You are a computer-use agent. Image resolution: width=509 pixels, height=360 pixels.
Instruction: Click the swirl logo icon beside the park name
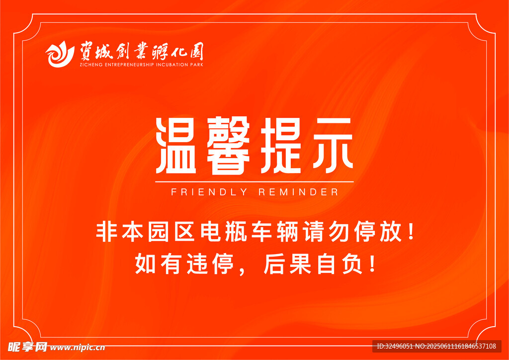60,55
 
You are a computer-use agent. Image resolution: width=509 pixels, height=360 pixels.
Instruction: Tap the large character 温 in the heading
175,146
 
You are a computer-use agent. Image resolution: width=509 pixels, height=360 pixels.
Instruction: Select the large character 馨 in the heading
228,146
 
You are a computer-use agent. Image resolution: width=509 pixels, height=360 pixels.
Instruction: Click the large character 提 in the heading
279,146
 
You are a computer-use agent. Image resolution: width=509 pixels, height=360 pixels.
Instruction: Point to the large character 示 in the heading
332,145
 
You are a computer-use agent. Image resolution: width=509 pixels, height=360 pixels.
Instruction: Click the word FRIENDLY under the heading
209,192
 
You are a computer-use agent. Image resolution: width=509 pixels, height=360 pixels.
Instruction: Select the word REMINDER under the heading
298,192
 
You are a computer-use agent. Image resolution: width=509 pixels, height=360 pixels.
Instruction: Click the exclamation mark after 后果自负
372,264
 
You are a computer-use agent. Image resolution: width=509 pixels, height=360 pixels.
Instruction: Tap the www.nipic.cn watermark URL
78,348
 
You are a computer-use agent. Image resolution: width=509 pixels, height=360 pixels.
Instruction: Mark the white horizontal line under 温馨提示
254,182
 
